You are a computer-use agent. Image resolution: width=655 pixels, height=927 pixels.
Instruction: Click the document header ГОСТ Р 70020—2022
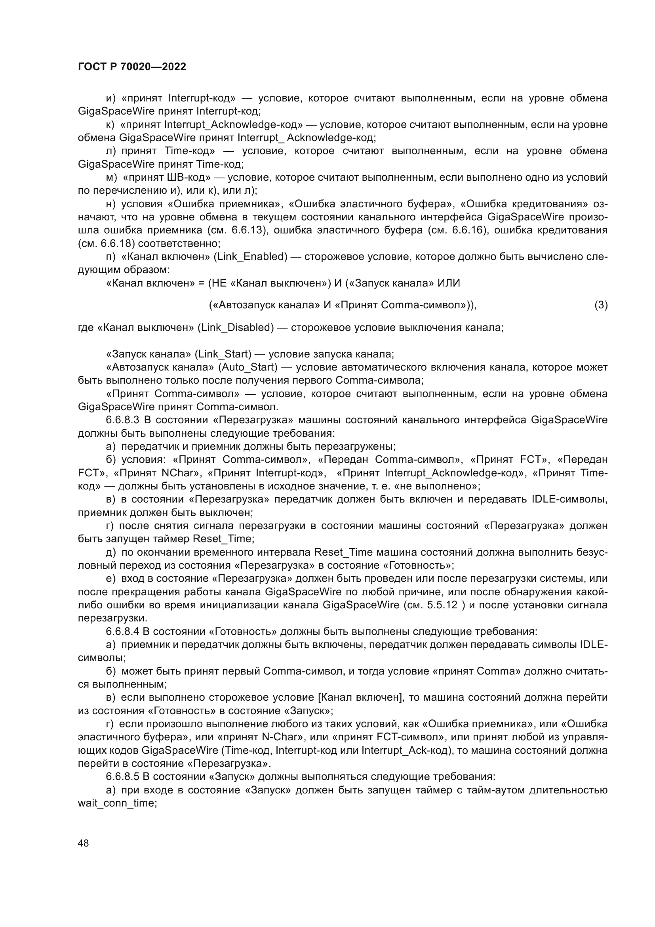pyautogui.click(x=132, y=67)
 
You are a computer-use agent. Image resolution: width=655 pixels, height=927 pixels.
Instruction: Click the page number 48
pyautogui.click(x=84, y=843)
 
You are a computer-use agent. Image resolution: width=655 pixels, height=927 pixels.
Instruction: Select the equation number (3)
pyautogui.click(x=601, y=305)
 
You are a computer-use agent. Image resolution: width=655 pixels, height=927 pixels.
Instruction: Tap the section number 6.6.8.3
pyautogui.click(x=122, y=420)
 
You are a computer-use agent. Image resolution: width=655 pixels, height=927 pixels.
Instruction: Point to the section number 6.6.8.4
pyautogui.click(x=122, y=631)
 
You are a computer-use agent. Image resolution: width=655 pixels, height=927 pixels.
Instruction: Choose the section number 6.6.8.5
pyautogui.click(x=122, y=776)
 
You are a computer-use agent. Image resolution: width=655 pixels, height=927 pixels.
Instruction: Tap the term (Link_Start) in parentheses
pyautogui.click(x=223, y=354)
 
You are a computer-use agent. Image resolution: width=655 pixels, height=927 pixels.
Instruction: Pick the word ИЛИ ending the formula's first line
pyautogui.click(x=449, y=283)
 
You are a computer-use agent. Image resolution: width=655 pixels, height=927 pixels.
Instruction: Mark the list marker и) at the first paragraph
pyautogui.click(x=110, y=99)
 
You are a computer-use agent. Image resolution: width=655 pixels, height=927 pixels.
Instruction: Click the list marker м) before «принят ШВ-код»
pyautogui.click(x=111, y=178)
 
